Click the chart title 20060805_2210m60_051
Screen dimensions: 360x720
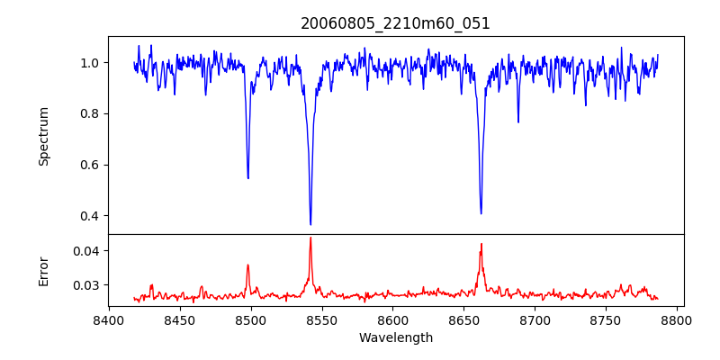point(395,23)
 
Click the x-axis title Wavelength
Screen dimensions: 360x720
point(395,337)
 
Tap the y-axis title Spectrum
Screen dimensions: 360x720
point(43,136)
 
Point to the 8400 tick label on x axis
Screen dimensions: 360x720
point(109,319)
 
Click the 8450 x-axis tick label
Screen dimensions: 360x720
point(180,319)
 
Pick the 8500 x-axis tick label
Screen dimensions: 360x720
point(251,319)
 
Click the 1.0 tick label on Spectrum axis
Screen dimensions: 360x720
point(91,63)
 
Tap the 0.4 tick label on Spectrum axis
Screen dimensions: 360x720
point(91,216)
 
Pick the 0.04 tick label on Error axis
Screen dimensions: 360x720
point(87,250)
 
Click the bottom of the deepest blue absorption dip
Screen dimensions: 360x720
point(310,224)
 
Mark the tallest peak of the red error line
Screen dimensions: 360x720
point(310,238)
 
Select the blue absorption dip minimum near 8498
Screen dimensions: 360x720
point(248,177)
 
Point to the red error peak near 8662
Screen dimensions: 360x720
point(481,244)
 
